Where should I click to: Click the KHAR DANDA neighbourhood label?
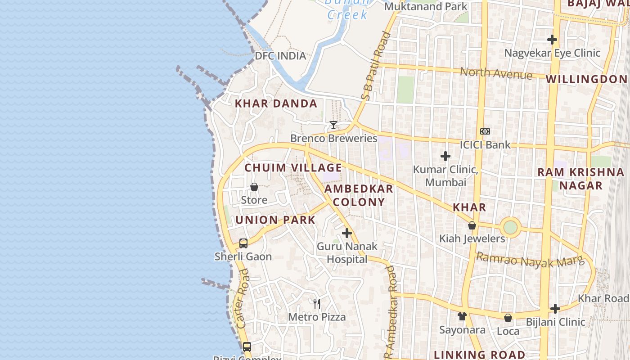[x=276, y=103]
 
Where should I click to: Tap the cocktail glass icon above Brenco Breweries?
[x=333, y=125]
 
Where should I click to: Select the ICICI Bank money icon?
[x=485, y=131]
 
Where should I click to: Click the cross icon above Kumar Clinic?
[x=445, y=156]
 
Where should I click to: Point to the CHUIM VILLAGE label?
[x=293, y=168]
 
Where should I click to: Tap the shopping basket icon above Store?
[x=254, y=187]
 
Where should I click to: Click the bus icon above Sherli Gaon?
[x=243, y=243]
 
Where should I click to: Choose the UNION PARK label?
[x=275, y=220]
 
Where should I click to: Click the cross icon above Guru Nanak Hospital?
[x=346, y=233]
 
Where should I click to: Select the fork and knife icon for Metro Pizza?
[x=317, y=303]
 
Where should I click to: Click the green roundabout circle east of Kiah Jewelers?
[x=510, y=227]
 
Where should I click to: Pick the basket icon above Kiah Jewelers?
[x=472, y=225]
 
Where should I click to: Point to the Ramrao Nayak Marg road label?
[x=530, y=260]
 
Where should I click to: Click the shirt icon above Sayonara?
[x=462, y=316]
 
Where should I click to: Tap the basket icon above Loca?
[x=508, y=318]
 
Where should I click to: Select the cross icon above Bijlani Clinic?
[x=555, y=309]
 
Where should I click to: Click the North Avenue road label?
[x=496, y=73]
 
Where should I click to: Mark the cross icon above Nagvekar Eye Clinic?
[x=552, y=40]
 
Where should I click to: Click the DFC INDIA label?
[x=280, y=56]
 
